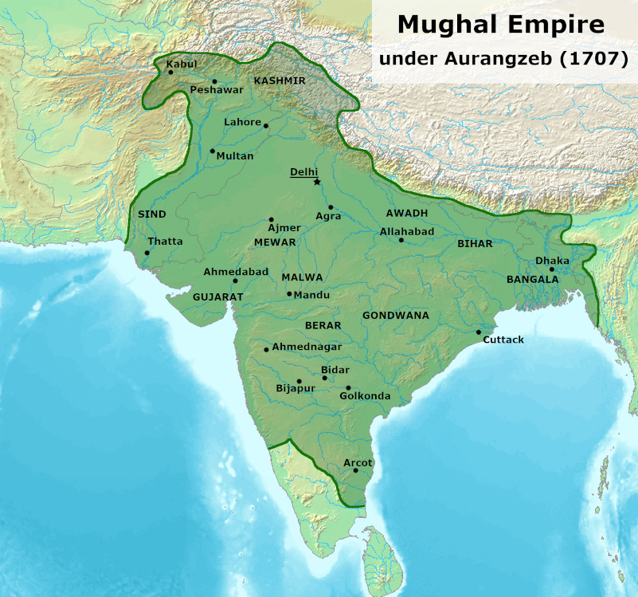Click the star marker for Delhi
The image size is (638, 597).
click(316, 182)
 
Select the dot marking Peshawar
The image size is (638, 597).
click(214, 81)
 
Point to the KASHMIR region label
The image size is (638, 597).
click(280, 81)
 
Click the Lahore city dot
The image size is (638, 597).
click(266, 126)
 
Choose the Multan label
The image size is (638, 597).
click(235, 156)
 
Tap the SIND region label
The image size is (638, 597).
click(152, 214)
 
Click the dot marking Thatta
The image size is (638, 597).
click(147, 253)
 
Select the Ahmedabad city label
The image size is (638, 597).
click(236, 272)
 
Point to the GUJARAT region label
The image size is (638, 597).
click(217, 296)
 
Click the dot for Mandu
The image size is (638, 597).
click(289, 294)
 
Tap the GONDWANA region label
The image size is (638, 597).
click(396, 316)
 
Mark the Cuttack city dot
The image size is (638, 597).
click(479, 332)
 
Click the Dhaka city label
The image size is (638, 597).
click(552, 261)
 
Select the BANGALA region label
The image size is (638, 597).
click(533, 279)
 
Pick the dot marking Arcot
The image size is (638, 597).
click(355, 470)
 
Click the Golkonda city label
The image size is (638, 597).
click(365, 396)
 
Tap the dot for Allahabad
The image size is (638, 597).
click(401, 240)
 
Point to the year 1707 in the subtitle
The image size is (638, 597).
click(590, 60)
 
